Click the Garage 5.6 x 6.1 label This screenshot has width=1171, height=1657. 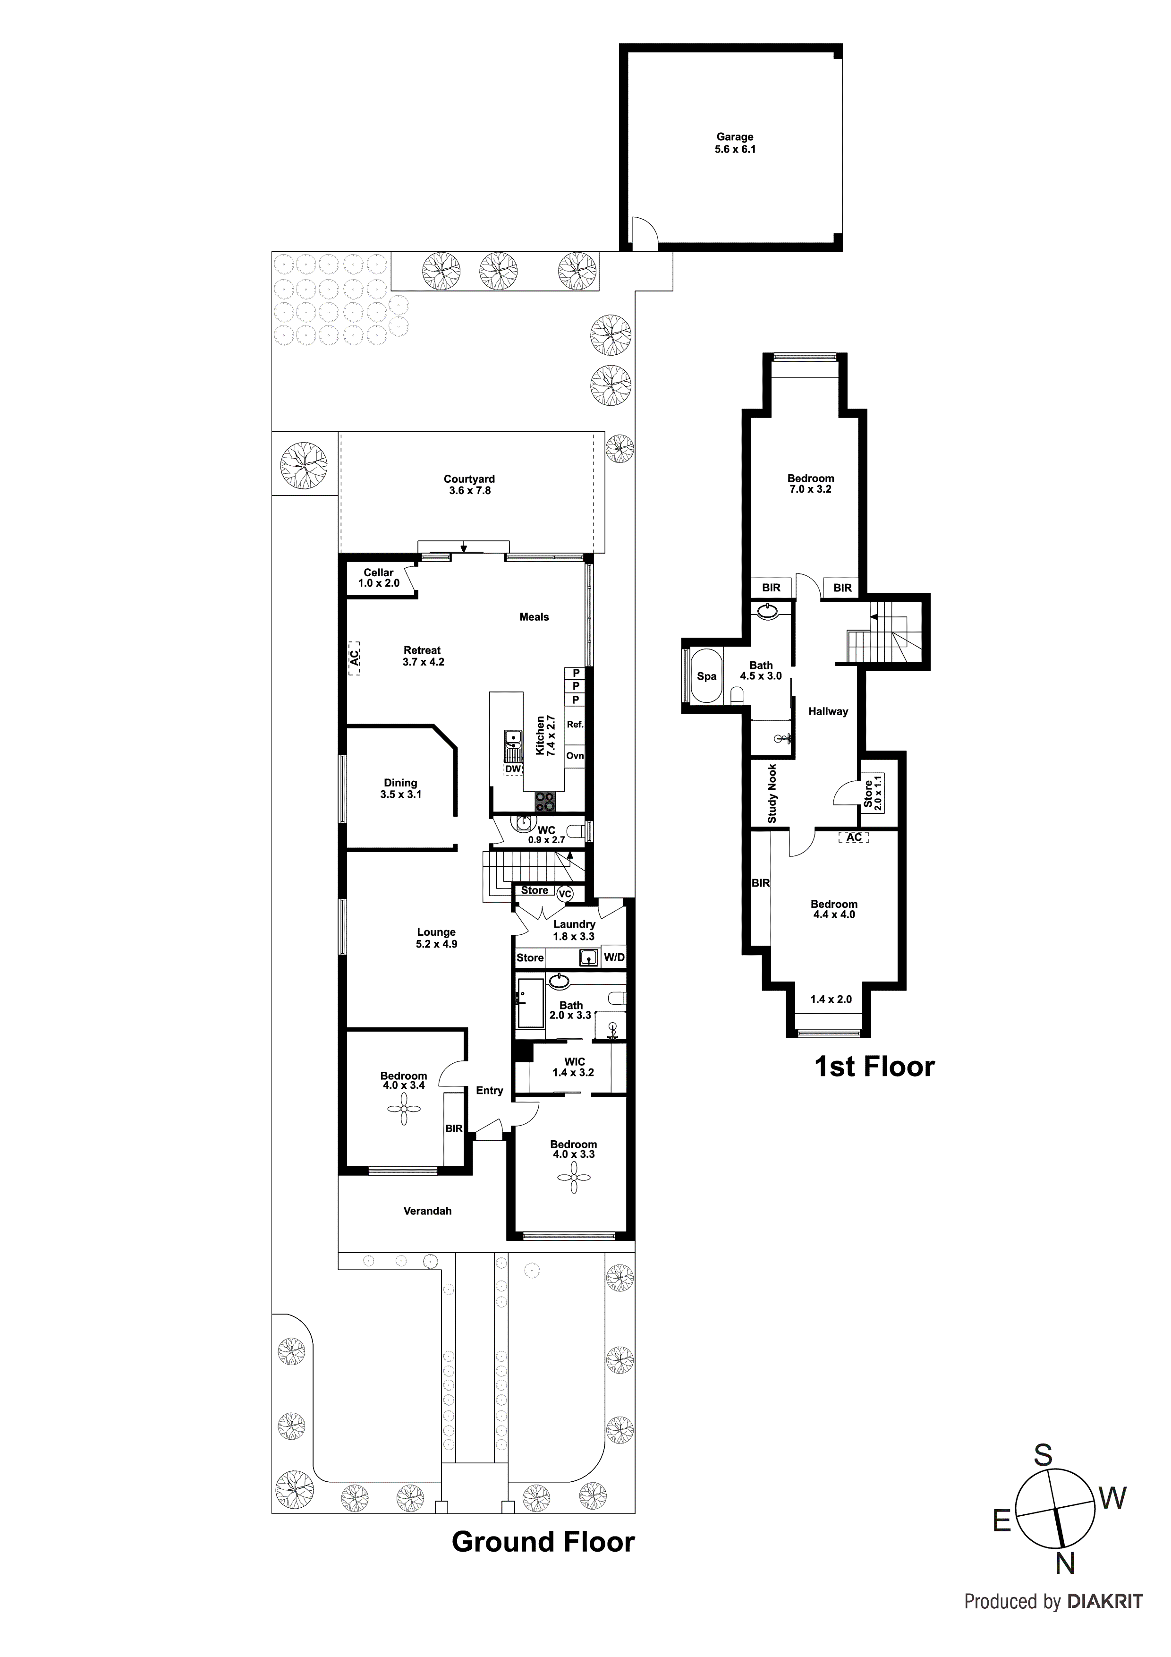click(735, 143)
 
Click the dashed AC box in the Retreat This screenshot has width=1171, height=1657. click(354, 658)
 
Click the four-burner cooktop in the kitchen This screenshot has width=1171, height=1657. click(545, 801)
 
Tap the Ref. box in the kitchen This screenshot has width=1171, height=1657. click(575, 725)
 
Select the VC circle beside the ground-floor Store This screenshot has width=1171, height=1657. click(565, 894)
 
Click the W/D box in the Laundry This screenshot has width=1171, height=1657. click(614, 957)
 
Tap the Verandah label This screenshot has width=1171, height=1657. click(427, 1211)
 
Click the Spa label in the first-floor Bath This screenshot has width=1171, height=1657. click(706, 676)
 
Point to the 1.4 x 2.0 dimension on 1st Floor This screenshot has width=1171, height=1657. click(831, 999)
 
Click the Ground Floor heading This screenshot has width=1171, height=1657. click(543, 1542)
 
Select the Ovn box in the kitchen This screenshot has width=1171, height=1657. click(575, 756)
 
